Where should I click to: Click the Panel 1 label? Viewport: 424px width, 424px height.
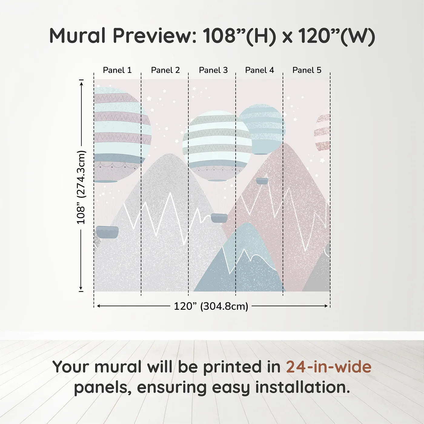[x=117, y=70]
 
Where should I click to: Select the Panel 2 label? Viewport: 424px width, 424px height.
[x=165, y=70]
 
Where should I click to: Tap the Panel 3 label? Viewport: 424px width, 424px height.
[x=213, y=70]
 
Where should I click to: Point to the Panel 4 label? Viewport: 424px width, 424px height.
[x=260, y=70]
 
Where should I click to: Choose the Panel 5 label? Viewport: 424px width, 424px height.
[x=307, y=70]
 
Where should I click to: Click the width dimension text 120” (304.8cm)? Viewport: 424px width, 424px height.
[x=211, y=306]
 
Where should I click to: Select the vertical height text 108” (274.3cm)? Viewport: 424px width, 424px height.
[x=81, y=187]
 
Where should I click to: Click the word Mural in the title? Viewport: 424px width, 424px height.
[x=77, y=36]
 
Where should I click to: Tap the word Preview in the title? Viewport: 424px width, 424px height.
[x=155, y=36]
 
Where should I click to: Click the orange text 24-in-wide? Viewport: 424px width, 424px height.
[x=329, y=367]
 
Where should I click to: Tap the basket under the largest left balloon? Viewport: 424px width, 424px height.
[x=107, y=232]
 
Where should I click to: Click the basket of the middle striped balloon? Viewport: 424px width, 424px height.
[x=219, y=218]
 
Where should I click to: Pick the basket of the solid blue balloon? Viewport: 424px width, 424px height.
[x=262, y=181]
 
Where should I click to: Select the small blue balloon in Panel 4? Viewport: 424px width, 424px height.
[x=262, y=129]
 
